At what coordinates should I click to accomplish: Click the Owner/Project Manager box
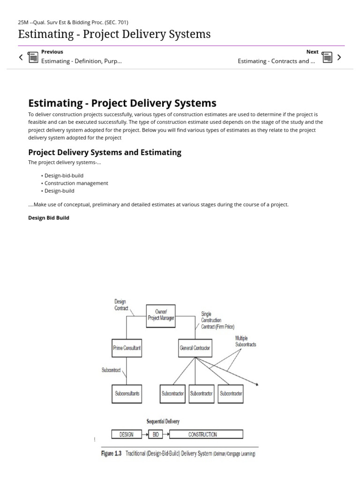coord(161,315)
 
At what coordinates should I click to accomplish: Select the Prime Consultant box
coord(127,348)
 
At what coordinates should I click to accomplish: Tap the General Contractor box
coord(195,348)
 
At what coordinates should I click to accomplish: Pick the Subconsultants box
coord(127,393)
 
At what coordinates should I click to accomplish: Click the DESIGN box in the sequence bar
coord(127,434)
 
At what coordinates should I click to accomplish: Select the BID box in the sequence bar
coord(156,434)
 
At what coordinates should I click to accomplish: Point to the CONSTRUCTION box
coord(206,434)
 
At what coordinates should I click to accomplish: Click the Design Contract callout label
coord(121,305)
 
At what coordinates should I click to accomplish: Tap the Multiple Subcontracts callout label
coord(245,341)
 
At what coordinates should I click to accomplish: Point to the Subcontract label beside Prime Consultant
coord(111,370)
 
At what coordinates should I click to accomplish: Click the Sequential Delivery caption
coord(163,421)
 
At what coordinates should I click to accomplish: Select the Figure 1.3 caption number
coord(111,454)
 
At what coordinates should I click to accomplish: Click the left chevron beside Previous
coord(21,57)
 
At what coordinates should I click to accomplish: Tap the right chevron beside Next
coord(339,57)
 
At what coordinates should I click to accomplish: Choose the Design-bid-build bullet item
coord(64,175)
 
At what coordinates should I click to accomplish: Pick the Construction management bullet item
coord(76,183)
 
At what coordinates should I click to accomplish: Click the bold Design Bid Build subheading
coord(49,217)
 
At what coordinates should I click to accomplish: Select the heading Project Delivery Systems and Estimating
coord(105,152)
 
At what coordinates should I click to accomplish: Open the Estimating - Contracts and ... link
coord(276,61)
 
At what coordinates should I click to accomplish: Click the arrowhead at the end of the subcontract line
coord(256,384)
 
